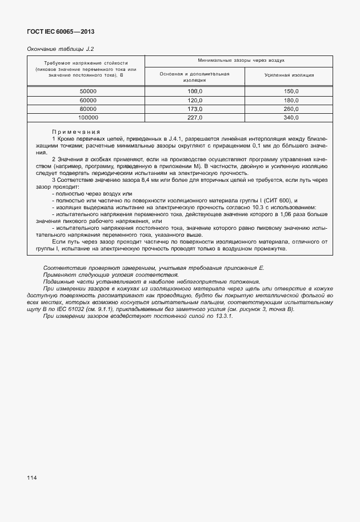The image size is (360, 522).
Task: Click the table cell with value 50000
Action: [x=88, y=91]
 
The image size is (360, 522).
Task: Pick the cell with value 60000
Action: [x=88, y=100]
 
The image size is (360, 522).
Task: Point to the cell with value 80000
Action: [x=88, y=109]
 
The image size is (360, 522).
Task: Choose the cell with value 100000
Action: [x=88, y=117]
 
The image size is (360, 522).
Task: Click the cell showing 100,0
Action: [x=195, y=91]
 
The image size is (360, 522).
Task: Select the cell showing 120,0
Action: [x=195, y=100]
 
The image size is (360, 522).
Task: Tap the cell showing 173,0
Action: [x=195, y=109]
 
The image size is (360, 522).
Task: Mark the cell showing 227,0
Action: [x=195, y=117]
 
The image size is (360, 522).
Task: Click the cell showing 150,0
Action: [x=291, y=91]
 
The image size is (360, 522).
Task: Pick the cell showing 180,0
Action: [x=291, y=100]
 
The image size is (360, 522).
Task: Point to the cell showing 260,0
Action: [x=291, y=109]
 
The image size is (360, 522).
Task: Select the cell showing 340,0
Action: [x=291, y=117]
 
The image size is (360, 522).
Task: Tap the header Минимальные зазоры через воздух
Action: [x=241, y=60]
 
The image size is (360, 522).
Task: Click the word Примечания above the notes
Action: [x=76, y=132]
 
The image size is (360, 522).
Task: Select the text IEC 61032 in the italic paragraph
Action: [x=83, y=309]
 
